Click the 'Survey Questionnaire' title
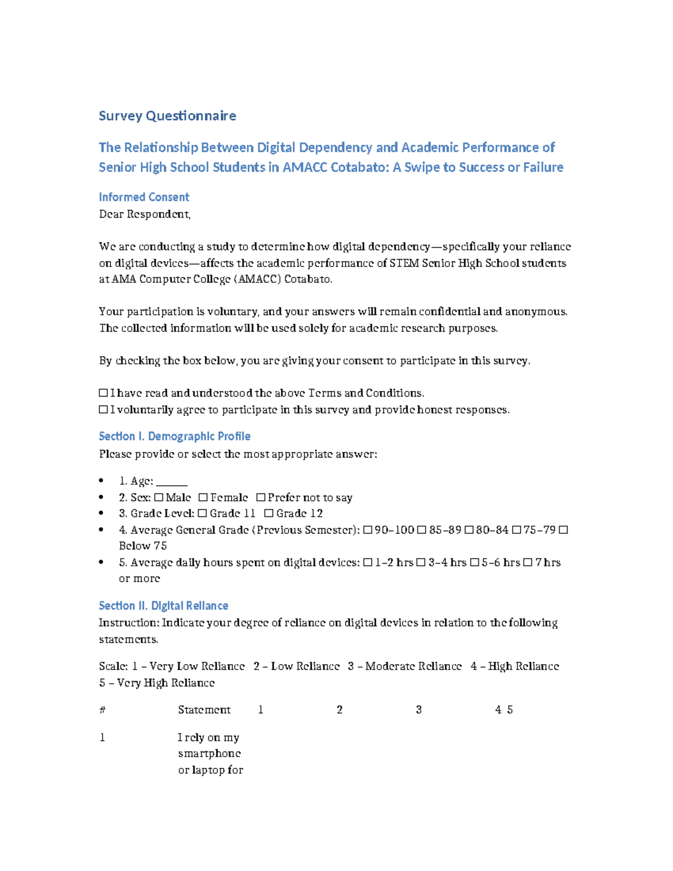(x=167, y=116)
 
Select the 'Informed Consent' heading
(x=144, y=197)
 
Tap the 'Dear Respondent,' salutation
(x=145, y=214)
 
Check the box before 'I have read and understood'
(x=103, y=393)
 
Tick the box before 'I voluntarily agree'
(x=103, y=410)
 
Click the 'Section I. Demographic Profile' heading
(x=174, y=436)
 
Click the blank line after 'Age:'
(x=172, y=482)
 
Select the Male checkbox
(x=159, y=497)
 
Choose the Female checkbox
(x=203, y=497)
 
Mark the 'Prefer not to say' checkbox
(x=261, y=497)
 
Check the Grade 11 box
(x=202, y=513)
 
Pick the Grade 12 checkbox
(x=269, y=513)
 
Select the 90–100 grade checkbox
(x=367, y=530)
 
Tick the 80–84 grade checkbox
(x=469, y=530)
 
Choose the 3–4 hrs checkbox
(x=421, y=563)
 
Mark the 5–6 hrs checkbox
(x=474, y=563)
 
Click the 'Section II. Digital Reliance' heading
(x=163, y=606)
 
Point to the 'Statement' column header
(x=204, y=710)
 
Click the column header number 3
(x=418, y=710)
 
